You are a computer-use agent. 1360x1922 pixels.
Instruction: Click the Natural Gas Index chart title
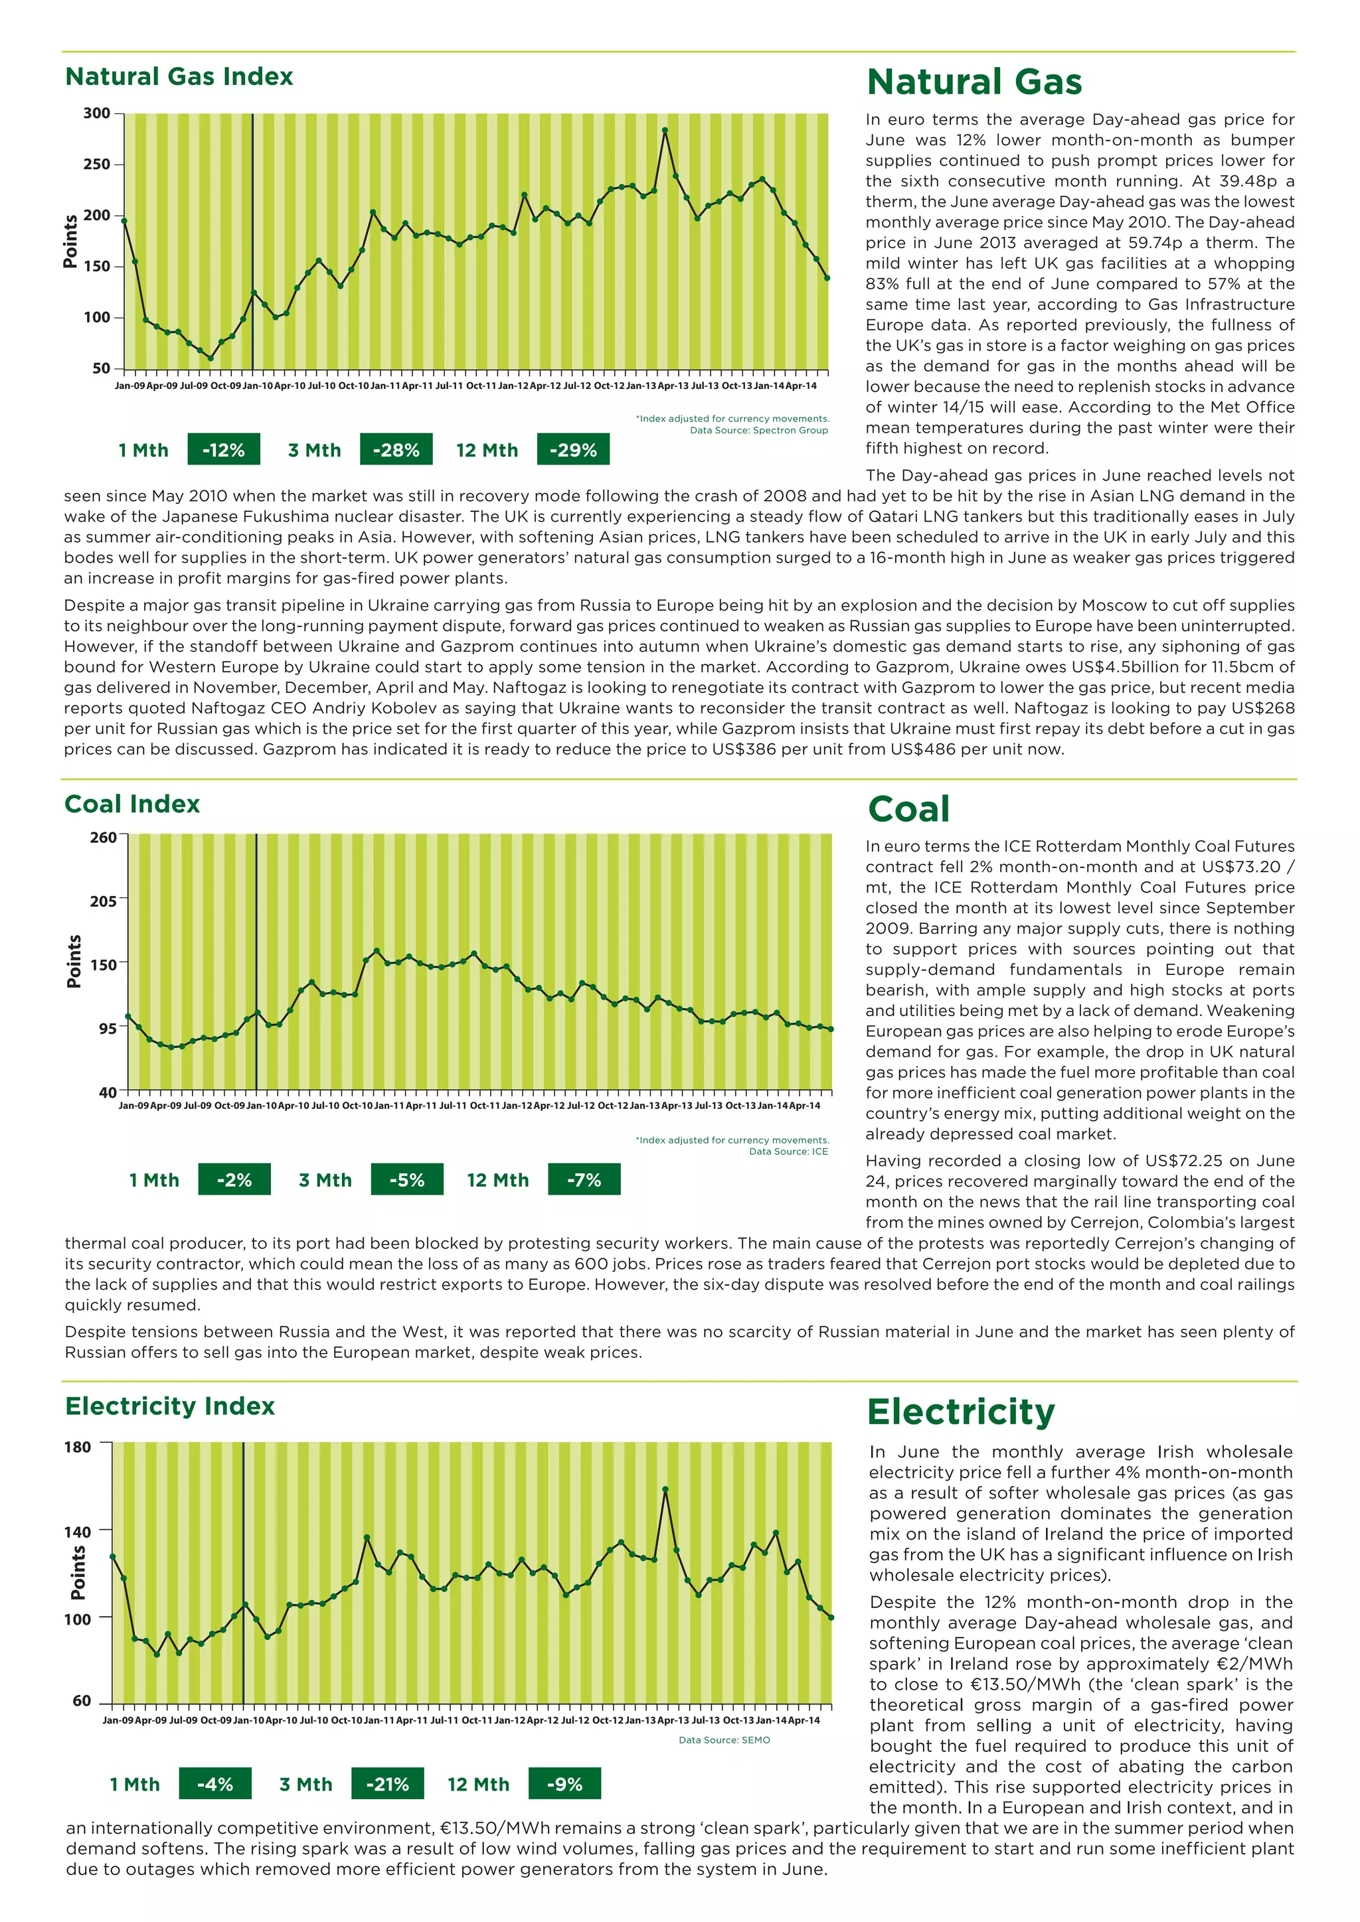pos(179,77)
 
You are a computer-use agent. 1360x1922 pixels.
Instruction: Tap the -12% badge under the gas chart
pos(224,449)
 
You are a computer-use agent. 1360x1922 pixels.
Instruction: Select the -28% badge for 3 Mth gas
pos(396,449)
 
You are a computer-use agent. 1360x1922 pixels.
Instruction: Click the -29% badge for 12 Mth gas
pos(573,449)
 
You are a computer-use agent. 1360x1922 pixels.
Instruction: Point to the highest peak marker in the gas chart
pos(665,131)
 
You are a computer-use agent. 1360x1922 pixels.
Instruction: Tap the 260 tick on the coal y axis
pos(103,837)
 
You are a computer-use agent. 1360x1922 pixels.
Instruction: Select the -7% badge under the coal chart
pos(584,1179)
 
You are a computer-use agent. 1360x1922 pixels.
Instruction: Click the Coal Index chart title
pos(132,804)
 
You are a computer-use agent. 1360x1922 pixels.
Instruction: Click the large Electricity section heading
pos(960,1412)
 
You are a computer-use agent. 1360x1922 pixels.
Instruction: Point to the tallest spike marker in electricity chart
pos(665,1489)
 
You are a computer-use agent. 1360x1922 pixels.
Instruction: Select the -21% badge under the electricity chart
pos(388,1784)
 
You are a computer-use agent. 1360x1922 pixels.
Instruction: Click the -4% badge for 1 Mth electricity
pos(215,1784)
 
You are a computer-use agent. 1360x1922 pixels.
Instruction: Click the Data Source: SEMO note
pos(724,1739)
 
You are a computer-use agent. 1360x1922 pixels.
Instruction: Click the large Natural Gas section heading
pos(974,82)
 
